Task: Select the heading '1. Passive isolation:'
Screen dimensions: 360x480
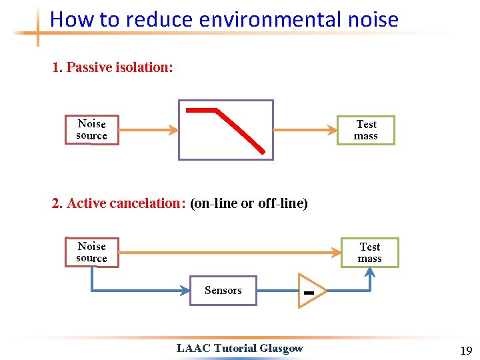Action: [x=113, y=67]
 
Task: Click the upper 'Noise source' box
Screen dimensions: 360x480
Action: [x=91, y=129]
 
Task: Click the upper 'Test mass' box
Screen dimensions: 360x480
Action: [x=366, y=130]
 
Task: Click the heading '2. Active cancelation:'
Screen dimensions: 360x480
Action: [x=119, y=203]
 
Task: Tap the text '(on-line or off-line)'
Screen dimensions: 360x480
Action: [x=249, y=203]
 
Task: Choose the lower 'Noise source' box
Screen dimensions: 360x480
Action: [x=91, y=252]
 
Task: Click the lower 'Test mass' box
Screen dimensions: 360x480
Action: [x=369, y=253]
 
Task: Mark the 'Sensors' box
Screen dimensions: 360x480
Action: [x=223, y=290]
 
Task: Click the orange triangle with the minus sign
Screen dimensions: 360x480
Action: [x=310, y=291]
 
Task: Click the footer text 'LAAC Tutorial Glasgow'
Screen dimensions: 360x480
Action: [x=239, y=347]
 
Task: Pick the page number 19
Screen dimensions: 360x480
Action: [x=465, y=351]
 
